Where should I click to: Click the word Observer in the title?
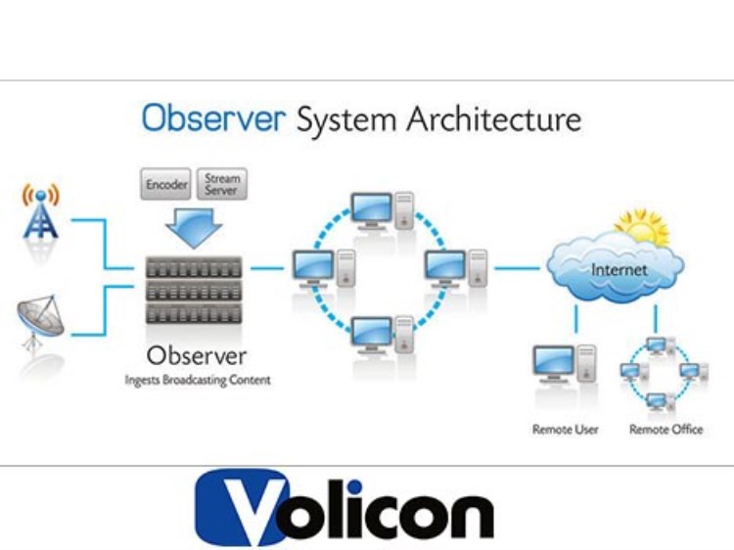[x=213, y=118]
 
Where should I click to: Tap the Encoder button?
[x=166, y=185]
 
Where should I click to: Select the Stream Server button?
[x=221, y=185]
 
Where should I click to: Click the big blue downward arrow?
[x=191, y=228]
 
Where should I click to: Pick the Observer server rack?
[x=193, y=290]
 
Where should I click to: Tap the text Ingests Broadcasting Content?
[x=197, y=380]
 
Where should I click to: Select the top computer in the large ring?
[x=377, y=209]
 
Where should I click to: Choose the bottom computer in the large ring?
[x=377, y=334]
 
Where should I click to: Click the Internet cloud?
[x=616, y=267]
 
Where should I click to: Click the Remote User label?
[x=565, y=429]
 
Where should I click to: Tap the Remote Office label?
[x=665, y=429]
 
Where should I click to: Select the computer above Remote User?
[x=562, y=371]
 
